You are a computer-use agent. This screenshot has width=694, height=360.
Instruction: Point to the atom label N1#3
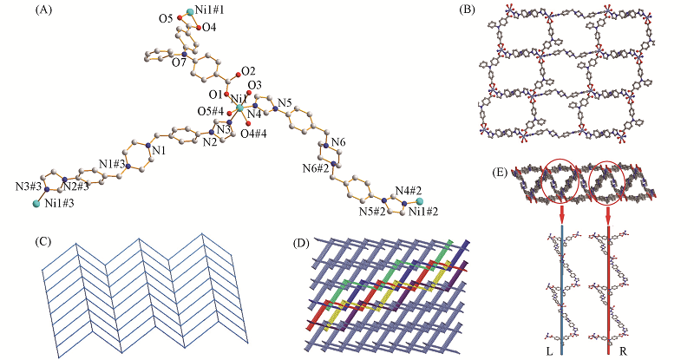pyautogui.click(x=110, y=163)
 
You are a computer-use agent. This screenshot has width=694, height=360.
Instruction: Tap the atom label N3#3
pyautogui.click(x=28, y=186)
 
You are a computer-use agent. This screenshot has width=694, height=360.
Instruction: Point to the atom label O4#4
pyautogui.click(x=252, y=133)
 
